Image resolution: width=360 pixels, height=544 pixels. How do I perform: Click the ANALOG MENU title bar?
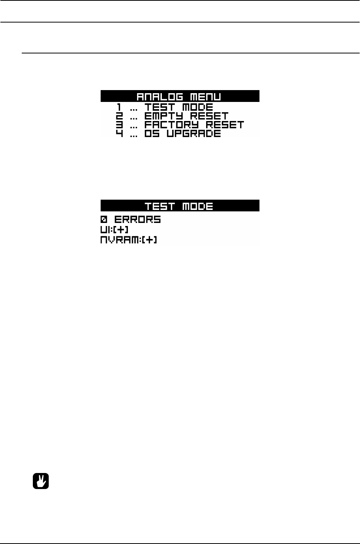coord(180,96)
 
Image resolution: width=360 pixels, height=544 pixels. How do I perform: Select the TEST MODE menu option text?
coord(179,107)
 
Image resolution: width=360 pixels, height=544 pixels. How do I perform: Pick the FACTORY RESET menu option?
coord(194,125)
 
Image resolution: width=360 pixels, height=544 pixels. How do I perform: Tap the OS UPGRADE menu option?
coord(182,134)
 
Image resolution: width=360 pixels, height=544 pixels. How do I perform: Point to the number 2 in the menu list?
coord(120,116)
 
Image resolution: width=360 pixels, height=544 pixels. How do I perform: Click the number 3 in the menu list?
coord(120,125)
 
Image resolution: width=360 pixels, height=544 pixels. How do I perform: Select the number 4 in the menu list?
coord(120,134)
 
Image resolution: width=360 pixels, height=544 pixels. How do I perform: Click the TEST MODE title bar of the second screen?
coord(180,206)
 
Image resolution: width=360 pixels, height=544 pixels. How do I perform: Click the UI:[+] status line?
coord(115,230)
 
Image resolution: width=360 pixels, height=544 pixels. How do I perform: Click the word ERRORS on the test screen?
coord(137,220)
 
